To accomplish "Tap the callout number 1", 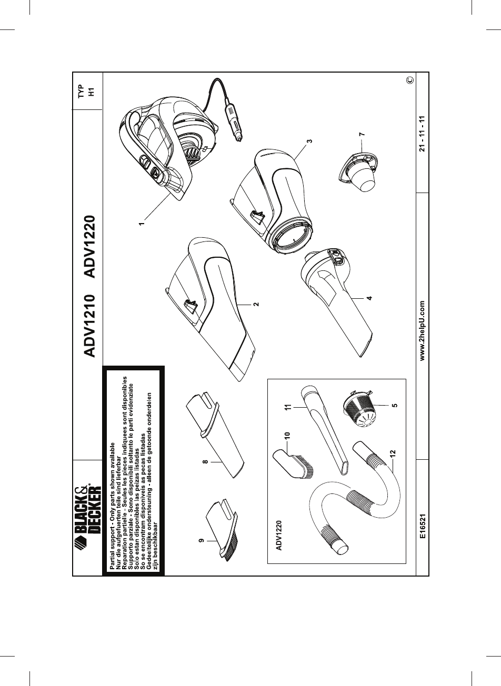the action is (x=141, y=223).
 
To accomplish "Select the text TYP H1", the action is (x=85, y=92).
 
